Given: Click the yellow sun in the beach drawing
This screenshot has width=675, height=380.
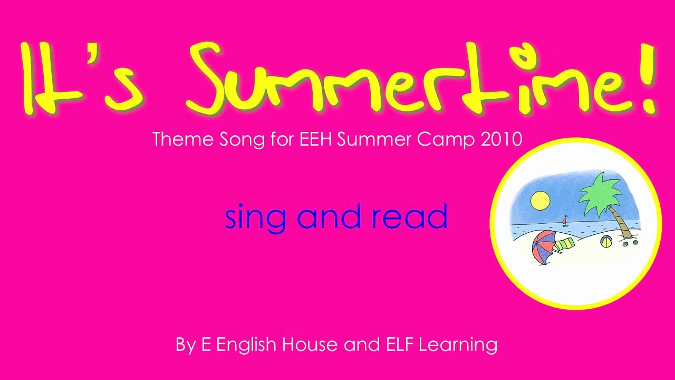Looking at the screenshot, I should point(540,200).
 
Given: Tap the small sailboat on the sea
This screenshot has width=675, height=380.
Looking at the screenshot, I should point(566,220).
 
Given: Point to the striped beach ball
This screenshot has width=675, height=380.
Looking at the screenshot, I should point(606,242).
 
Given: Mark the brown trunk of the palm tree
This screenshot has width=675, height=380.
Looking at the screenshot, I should point(622,224).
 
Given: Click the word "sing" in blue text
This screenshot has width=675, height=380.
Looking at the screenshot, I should point(255,217).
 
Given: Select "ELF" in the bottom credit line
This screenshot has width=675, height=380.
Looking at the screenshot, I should point(396,345).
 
